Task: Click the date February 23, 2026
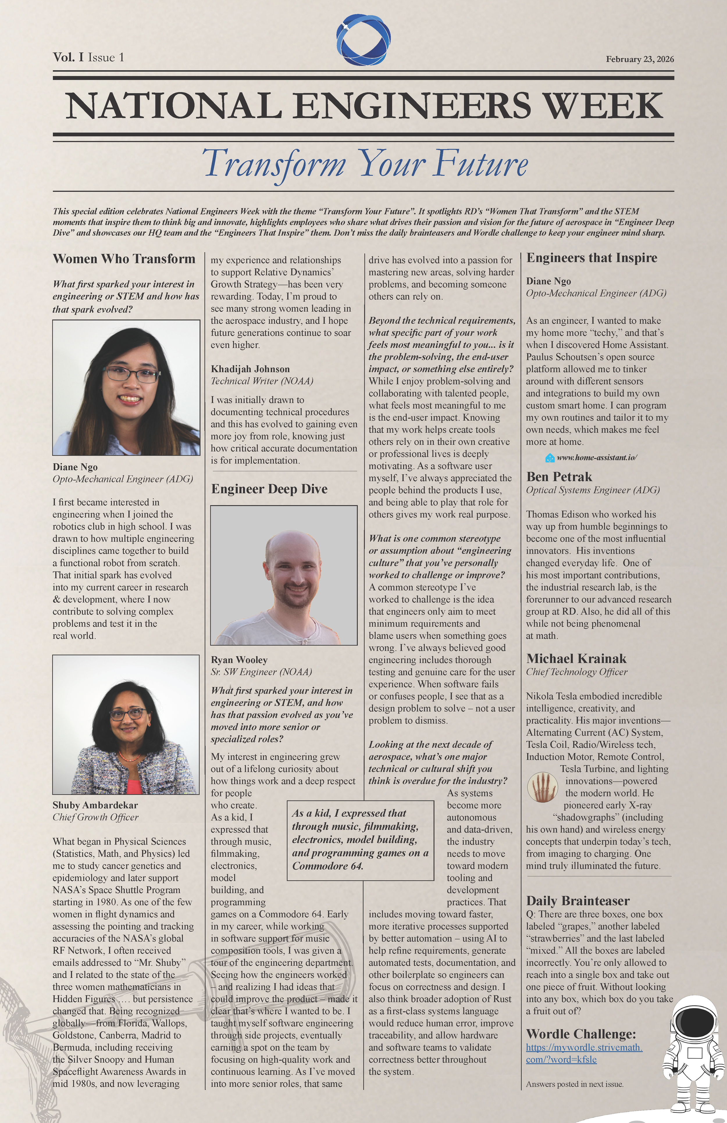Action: tap(640, 60)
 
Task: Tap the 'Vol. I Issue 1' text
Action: tap(88, 58)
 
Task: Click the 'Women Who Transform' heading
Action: tap(124, 259)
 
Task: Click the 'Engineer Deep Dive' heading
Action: tap(269, 489)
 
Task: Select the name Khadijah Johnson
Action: tap(250, 369)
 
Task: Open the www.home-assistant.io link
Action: tap(597, 457)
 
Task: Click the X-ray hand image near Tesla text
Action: tap(542, 786)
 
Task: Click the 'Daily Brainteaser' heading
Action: tap(578, 900)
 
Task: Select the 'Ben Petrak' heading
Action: tap(559, 477)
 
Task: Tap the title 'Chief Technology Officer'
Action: tap(576, 672)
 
